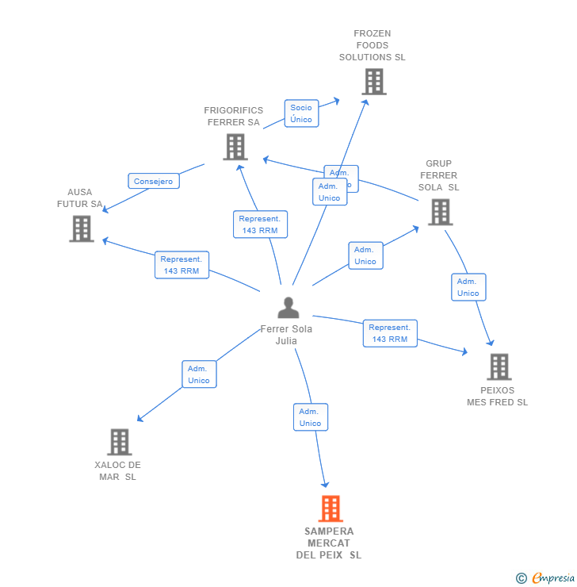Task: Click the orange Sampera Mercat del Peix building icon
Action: [x=331, y=508]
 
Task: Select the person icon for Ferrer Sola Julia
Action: [x=288, y=308]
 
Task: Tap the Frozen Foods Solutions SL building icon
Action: [x=373, y=81]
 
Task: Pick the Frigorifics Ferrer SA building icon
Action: [x=235, y=147]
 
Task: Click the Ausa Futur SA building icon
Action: [x=82, y=228]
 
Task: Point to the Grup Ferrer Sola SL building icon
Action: [x=440, y=212]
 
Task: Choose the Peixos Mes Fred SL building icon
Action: [x=499, y=366]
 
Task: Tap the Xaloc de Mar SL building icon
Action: [x=119, y=442]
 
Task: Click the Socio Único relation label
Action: [x=301, y=113]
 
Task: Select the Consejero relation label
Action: [x=154, y=181]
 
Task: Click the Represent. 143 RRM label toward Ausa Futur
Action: [x=182, y=265]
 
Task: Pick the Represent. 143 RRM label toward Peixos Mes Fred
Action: [x=390, y=333]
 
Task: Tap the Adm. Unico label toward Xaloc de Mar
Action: [x=198, y=374]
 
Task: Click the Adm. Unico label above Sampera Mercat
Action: [x=310, y=417]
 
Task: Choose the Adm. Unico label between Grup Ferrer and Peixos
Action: [x=468, y=287]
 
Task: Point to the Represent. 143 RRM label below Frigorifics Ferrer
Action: [x=260, y=224]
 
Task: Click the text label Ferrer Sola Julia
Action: [x=286, y=335]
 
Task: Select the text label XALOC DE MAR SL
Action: [x=117, y=470]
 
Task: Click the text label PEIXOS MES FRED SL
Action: [x=497, y=396]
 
